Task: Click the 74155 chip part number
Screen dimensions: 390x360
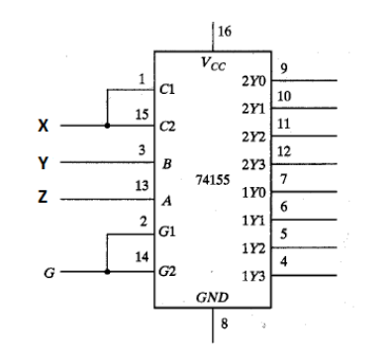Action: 213,180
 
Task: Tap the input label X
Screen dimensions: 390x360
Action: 43,126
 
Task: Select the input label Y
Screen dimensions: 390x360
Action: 43,162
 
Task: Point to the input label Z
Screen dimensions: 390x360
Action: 43,197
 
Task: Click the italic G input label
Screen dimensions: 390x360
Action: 49,273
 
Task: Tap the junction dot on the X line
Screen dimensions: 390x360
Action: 107,126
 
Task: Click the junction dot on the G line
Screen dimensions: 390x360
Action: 107,272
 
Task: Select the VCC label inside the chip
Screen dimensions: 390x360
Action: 213,63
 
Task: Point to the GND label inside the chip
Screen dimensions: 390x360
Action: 212,298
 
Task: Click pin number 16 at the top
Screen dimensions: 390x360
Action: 225,32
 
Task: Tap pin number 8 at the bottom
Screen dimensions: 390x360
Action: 224,323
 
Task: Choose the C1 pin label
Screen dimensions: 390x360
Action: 167,89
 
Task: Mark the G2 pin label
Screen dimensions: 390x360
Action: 167,271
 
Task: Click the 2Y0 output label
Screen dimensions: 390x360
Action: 253,81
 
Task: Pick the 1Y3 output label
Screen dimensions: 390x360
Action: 253,276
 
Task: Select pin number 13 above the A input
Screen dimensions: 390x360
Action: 142,186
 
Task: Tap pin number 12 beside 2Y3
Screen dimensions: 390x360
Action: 284,151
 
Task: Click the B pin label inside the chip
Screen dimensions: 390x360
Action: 167,163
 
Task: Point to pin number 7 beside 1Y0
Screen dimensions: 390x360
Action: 283,179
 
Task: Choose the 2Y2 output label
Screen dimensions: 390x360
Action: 253,136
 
